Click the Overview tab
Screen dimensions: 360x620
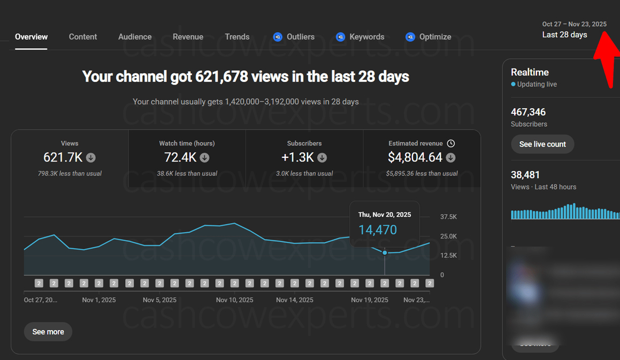[x=31, y=37]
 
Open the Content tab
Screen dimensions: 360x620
[x=83, y=37]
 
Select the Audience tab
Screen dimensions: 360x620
[x=135, y=37]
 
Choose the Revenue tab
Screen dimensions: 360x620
[x=188, y=37]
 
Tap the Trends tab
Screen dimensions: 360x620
[x=237, y=37]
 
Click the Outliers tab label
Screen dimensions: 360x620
[x=300, y=37]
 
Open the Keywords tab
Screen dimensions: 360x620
[x=366, y=37]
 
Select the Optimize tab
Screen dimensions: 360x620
[x=435, y=37]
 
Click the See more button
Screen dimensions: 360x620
[x=48, y=332]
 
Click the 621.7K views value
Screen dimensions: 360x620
[x=63, y=157]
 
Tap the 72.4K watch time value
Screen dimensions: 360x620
[x=180, y=157]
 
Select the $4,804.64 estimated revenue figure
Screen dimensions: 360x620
[x=415, y=157]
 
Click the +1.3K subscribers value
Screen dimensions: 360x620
[x=298, y=157]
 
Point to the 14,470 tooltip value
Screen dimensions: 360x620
[x=378, y=230]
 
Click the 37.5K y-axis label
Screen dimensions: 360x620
[x=448, y=217]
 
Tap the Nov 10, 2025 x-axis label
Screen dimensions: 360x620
[x=235, y=300]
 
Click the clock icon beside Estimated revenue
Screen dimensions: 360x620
[x=451, y=143]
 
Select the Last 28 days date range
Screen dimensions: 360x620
[x=564, y=35]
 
